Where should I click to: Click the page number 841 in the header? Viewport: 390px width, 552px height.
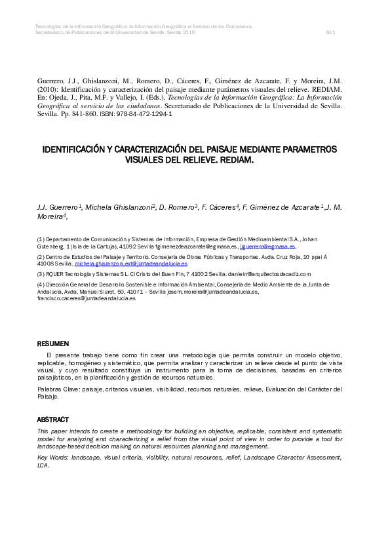331,31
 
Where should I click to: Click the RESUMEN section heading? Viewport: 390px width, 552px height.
52,344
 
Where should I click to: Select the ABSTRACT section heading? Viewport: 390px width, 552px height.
53,419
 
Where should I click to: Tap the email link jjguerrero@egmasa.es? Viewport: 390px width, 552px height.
269,246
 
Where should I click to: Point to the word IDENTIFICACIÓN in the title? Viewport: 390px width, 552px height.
81,149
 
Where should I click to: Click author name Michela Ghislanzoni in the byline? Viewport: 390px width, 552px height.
118,207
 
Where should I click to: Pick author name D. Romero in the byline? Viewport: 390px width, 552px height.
178,207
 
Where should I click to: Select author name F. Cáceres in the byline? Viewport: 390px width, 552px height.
220,207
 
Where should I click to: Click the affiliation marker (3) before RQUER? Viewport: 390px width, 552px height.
41,273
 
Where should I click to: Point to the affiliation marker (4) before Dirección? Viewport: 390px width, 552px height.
41,285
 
